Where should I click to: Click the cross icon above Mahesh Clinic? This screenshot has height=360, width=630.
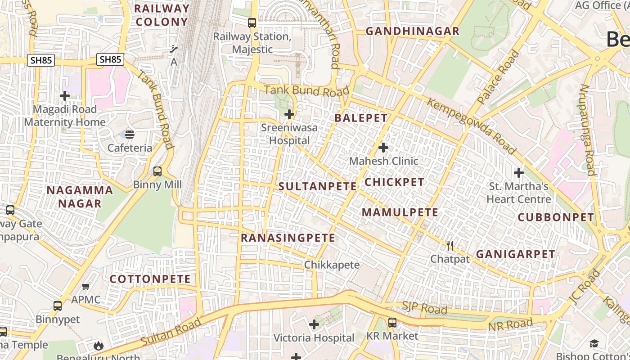[x=383, y=148]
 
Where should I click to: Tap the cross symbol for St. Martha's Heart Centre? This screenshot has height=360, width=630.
[x=519, y=172]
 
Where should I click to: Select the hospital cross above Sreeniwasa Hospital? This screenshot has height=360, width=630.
[x=289, y=114]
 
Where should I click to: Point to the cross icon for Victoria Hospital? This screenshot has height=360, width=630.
[x=314, y=324]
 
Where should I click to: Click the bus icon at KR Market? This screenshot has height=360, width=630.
[x=392, y=322]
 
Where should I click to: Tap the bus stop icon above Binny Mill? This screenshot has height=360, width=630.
[x=157, y=171]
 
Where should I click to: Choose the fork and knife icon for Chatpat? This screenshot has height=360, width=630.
[x=450, y=245]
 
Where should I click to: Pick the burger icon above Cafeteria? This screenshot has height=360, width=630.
[x=130, y=134]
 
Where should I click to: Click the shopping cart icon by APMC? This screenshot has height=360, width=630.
[x=86, y=286]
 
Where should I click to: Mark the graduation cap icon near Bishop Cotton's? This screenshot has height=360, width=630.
[x=594, y=343]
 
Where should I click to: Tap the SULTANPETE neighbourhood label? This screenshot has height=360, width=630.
[x=318, y=186]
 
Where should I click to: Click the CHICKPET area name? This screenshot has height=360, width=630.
[x=394, y=182]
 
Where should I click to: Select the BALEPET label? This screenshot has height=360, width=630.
[x=361, y=118]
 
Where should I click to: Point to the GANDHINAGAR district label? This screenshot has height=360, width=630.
[x=413, y=31]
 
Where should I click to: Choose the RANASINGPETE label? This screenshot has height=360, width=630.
[x=288, y=238]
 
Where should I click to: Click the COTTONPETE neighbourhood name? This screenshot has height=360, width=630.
[x=150, y=279]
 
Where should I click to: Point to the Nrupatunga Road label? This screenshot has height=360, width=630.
[x=588, y=130]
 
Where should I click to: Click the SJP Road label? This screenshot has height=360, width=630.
[x=424, y=308]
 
